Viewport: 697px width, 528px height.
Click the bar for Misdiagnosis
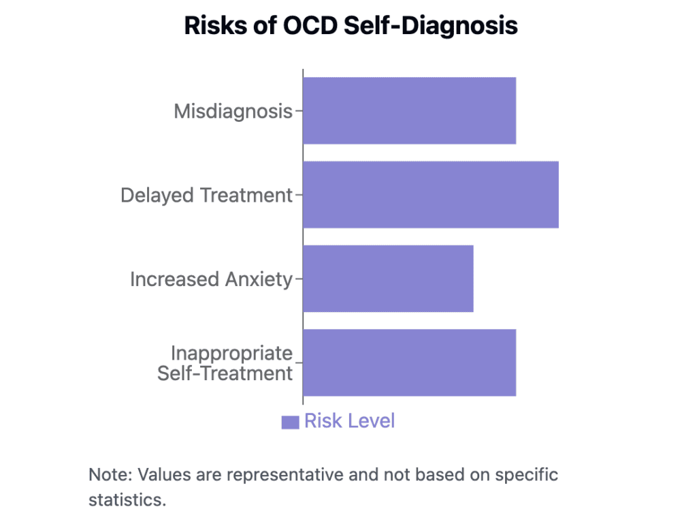[409, 110]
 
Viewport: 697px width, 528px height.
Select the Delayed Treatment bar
[430, 195]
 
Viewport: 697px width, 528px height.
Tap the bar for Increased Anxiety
[388, 279]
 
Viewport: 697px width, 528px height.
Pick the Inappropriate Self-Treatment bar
[409, 362]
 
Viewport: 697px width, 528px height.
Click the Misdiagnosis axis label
[233, 111]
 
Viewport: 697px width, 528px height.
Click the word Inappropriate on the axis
[231, 354]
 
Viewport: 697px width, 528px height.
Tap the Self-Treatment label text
[225, 373]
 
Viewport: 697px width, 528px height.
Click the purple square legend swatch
[291, 422]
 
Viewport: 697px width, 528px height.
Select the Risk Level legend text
[349, 421]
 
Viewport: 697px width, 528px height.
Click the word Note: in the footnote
[111, 474]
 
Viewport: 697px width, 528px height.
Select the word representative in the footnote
[279, 474]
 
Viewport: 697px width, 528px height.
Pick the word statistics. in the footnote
[127, 499]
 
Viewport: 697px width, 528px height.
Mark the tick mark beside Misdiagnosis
[298, 111]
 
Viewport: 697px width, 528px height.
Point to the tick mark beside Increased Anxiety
[298, 279]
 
